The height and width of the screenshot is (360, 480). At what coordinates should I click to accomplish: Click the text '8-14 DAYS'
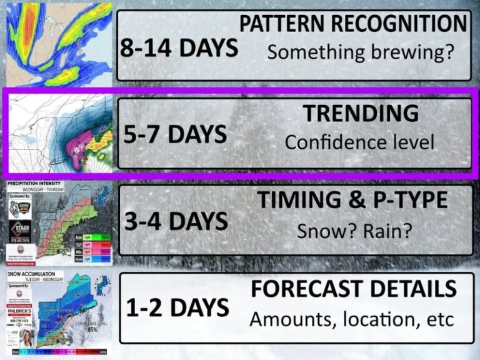pos(178,49)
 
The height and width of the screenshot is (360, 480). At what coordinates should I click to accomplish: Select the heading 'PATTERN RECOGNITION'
pos(354,24)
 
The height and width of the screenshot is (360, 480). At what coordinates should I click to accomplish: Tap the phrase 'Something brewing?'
pos(360,52)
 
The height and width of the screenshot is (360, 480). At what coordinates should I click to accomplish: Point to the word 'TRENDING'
pos(361,114)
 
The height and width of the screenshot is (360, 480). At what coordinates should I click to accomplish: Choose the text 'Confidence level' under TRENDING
pos(359,142)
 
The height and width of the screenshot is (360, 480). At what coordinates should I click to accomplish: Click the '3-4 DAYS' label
pos(176,222)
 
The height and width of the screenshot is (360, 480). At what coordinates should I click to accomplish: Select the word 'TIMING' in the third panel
pos(295,200)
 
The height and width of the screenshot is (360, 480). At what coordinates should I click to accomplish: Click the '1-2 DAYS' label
pos(177,308)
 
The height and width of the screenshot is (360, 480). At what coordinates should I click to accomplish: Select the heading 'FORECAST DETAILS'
pos(353,289)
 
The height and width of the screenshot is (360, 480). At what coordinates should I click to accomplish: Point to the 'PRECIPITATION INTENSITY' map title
pos(34,184)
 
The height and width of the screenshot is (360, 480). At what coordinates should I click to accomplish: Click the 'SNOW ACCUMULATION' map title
pos(32,274)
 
